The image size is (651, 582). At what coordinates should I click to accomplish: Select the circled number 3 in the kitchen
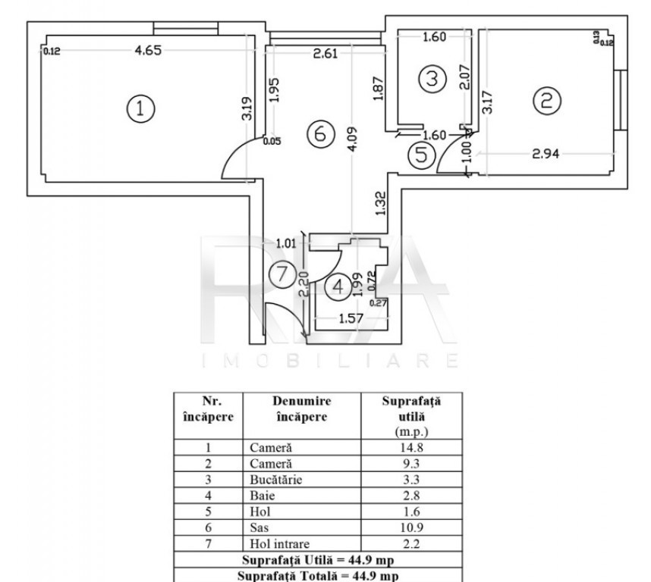[431, 78]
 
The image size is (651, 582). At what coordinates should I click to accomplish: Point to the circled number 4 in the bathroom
[338, 286]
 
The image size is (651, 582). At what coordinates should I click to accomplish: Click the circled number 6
[319, 133]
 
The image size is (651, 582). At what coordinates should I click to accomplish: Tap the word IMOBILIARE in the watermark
[331, 359]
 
